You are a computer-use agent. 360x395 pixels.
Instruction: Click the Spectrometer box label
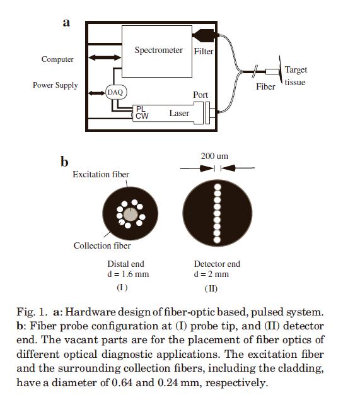pos(159,50)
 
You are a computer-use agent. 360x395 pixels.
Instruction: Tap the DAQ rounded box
pos(116,92)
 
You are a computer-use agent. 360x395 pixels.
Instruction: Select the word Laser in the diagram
pos(179,113)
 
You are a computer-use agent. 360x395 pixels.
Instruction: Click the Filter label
pos(204,51)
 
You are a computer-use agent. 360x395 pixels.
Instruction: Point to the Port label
pos(200,95)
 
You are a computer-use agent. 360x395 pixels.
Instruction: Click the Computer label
pos(57,59)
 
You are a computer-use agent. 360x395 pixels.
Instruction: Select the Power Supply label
pos(55,85)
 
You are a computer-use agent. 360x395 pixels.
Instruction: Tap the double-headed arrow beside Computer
pos(105,57)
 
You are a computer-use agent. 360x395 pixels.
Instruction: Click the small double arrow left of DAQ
pos(96,93)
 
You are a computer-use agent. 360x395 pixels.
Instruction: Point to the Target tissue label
pos(296,76)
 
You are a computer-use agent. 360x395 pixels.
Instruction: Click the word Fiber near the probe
pos(265,86)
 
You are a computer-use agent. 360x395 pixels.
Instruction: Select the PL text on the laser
pos(141,109)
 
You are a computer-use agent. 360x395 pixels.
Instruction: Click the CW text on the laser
pos(142,116)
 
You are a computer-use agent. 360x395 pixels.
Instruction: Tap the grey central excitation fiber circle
pos(131,215)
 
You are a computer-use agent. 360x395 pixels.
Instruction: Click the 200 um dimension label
pos(214,156)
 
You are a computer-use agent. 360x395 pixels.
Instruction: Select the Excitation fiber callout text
pos(101,174)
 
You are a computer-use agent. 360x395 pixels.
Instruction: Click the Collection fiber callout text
pos(102,245)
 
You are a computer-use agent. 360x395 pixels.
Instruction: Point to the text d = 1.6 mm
pos(128,274)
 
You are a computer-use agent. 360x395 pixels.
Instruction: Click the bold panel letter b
pos(64,162)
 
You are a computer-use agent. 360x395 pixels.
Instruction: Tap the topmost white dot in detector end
pos(218,187)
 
